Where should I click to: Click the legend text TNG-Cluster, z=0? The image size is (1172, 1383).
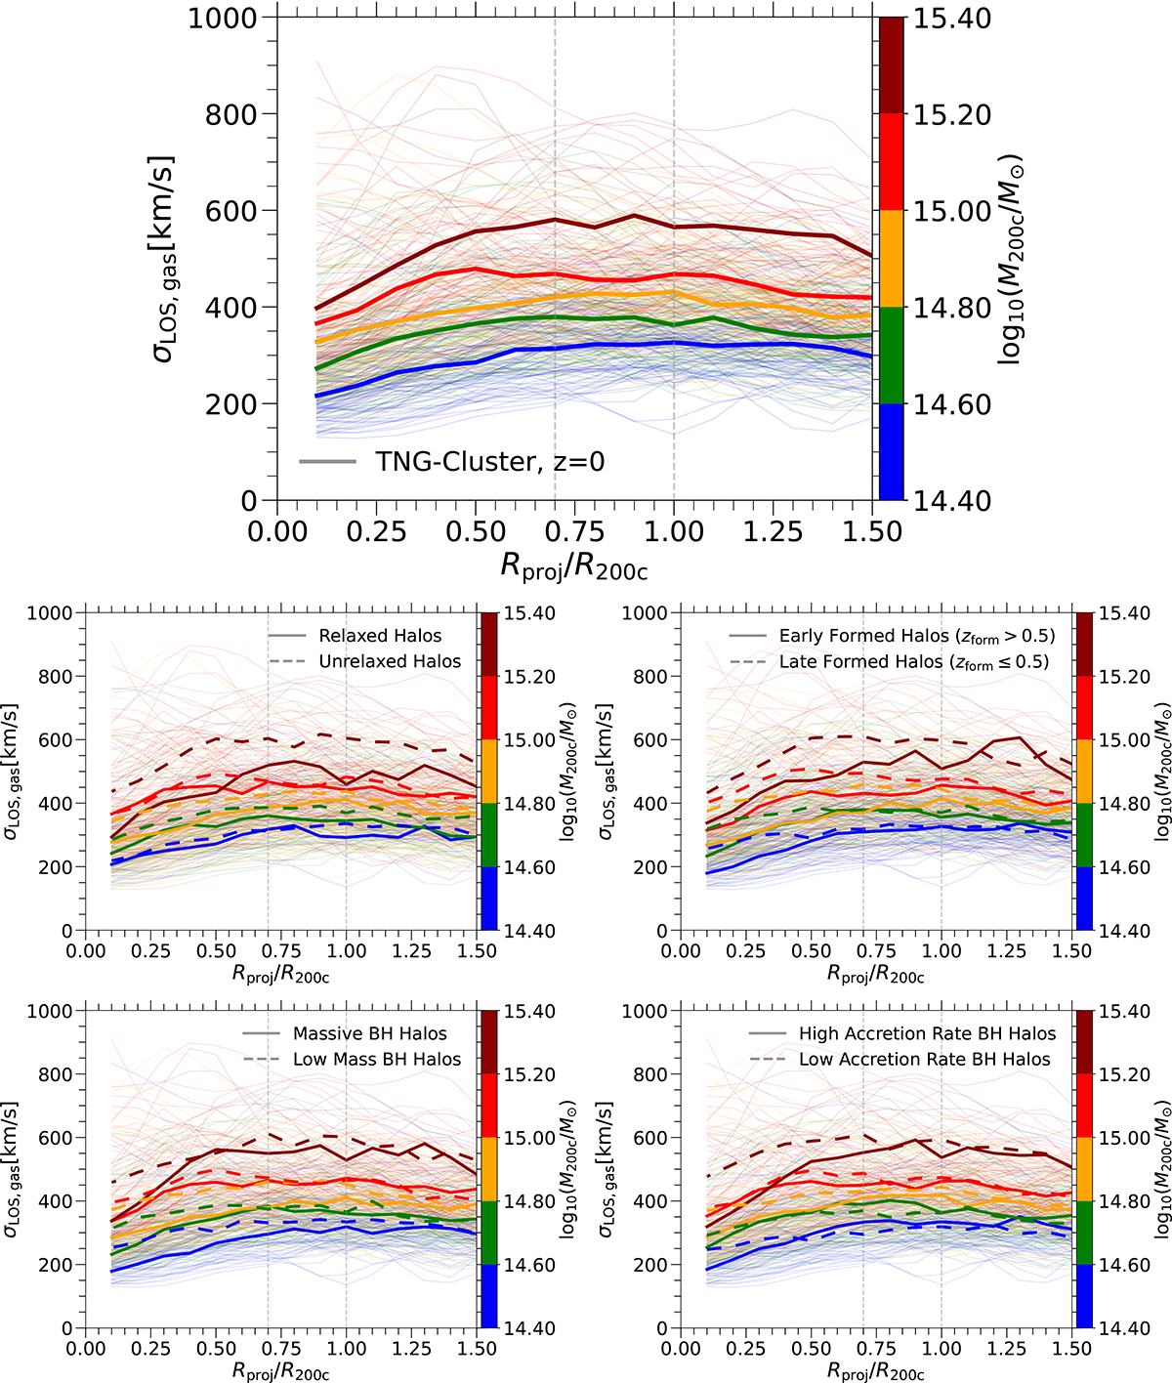click(489, 461)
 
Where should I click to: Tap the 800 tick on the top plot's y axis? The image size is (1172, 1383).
click(232, 114)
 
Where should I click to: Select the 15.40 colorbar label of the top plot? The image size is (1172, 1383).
click(951, 19)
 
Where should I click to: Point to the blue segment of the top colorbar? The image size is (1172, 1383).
click(890, 451)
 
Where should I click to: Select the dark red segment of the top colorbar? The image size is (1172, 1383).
click(890, 65)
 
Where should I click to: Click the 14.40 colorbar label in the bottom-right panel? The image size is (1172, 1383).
click(1124, 1328)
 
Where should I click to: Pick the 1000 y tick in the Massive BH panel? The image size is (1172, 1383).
click(50, 1011)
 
